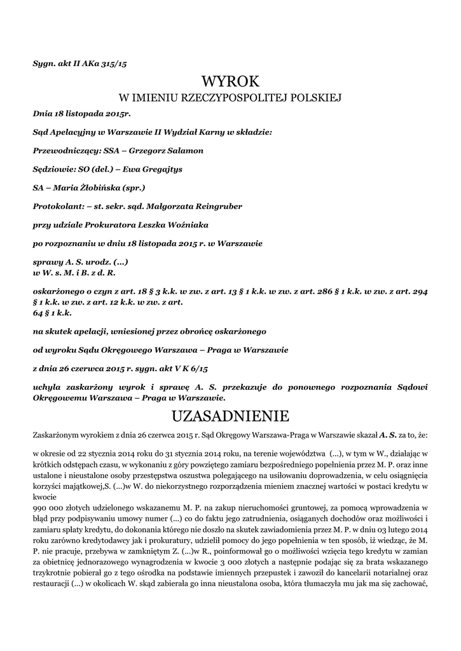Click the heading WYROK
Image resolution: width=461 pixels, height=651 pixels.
click(230, 81)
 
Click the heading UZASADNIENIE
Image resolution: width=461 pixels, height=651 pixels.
click(230, 416)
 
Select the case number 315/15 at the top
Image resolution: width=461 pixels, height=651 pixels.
click(121, 64)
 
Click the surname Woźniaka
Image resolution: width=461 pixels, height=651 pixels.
click(186, 225)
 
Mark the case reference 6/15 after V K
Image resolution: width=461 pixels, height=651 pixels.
click(198, 368)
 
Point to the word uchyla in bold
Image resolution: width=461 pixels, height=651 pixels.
click(46, 387)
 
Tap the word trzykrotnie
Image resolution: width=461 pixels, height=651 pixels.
click(55, 573)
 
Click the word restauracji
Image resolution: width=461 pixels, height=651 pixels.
click(53, 585)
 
